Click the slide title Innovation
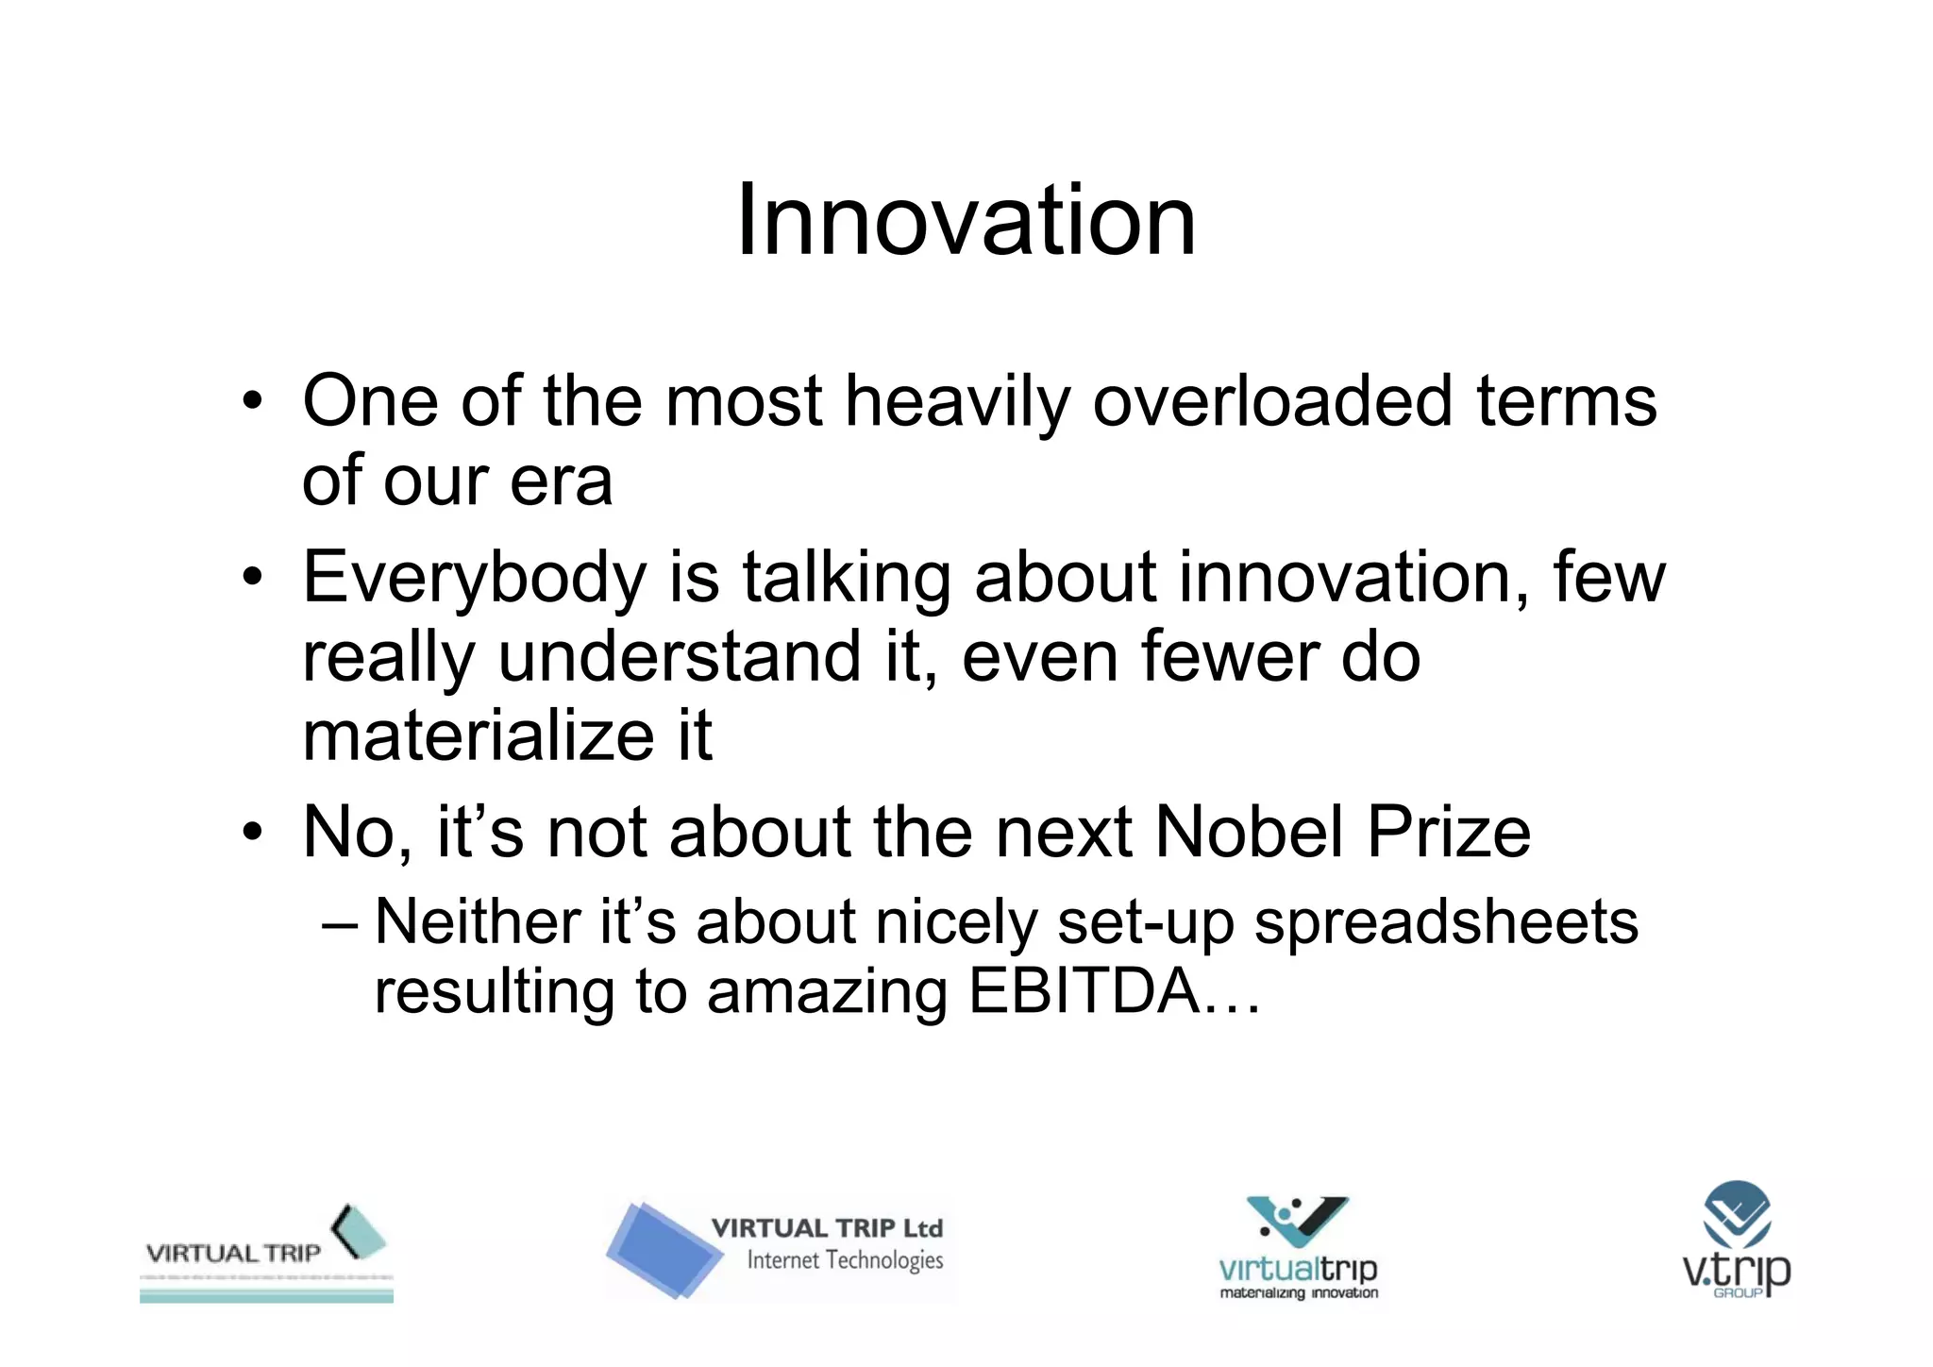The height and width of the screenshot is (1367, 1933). click(x=966, y=221)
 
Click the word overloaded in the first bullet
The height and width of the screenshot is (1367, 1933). click(x=1271, y=401)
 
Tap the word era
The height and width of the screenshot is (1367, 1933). click(x=562, y=481)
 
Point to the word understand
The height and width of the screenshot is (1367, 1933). click(x=679, y=657)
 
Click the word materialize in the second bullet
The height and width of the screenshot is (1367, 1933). click(x=478, y=736)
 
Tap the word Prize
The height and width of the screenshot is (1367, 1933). click(x=1449, y=833)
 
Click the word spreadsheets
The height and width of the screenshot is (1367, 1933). click(x=1446, y=922)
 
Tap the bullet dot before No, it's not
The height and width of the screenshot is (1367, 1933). click(x=251, y=834)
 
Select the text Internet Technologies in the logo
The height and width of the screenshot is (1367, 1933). click(x=845, y=1260)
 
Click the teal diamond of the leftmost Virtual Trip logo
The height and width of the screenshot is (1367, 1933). click(x=360, y=1231)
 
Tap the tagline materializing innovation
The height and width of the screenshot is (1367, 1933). click(x=1299, y=1292)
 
